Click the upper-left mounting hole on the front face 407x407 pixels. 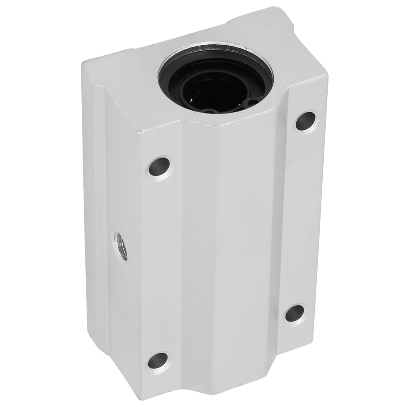[x=159, y=166]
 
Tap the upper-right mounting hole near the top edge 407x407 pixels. [x=305, y=121]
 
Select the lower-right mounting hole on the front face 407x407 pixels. [x=295, y=313]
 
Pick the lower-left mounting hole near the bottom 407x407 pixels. [x=158, y=360]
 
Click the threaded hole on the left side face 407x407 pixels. [x=122, y=246]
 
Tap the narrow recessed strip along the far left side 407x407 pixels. [x=100, y=224]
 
